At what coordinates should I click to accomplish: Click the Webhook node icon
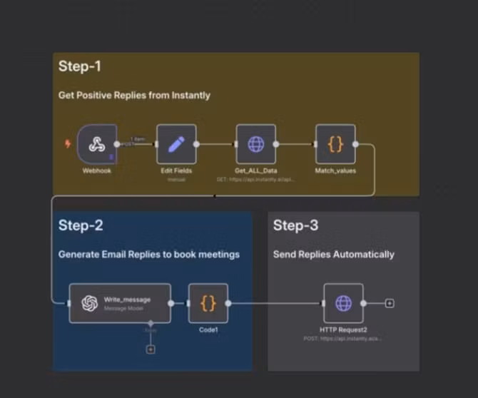coord(97,144)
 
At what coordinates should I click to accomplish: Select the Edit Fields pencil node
coord(176,144)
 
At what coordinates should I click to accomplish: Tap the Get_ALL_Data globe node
coord(256,144)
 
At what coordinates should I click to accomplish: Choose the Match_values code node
coord(335,144)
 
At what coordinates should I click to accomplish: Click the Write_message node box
coord(120,303)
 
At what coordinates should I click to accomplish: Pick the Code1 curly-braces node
coord(208,303)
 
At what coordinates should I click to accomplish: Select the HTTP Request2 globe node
coord(343,303)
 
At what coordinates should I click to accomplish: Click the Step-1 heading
coord(80,67)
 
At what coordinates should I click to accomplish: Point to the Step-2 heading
coord(81,226)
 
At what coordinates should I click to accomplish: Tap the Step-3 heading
coord(295,226)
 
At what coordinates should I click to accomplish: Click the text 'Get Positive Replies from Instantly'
coord(134,95)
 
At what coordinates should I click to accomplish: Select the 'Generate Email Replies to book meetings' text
coord(149,254)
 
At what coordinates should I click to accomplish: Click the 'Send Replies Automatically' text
coord(333,254)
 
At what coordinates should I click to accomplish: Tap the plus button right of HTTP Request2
coord(390,303)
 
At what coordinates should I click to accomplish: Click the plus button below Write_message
coord(150,349)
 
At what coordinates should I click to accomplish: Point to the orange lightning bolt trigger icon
coord(68,144)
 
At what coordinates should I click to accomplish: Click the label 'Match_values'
coord(335,171)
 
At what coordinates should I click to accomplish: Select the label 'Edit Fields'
coord(176,171)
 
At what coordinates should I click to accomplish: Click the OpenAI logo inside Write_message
coord(90,303)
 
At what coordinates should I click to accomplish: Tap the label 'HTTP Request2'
coord(343,330)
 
